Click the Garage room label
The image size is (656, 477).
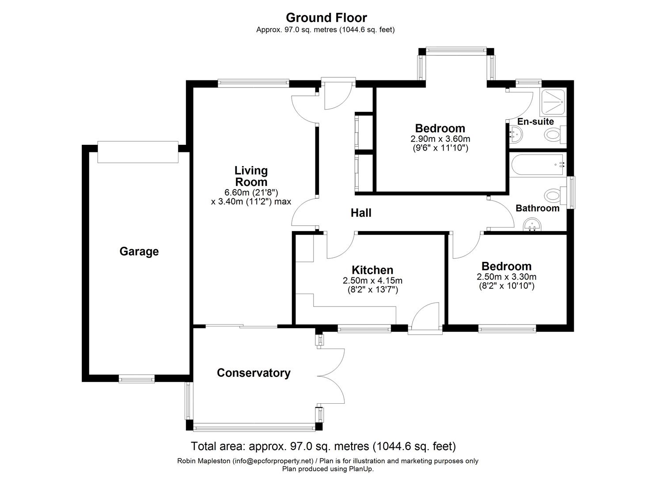139,251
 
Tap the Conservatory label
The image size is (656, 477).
254,373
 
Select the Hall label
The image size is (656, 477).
360,213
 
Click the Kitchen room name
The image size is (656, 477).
372,270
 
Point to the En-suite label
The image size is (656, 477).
535,121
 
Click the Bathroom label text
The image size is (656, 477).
537,208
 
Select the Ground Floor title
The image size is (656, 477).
326,18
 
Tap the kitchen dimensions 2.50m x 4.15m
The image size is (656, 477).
372,280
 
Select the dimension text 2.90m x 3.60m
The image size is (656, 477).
440,139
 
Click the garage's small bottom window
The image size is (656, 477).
137,379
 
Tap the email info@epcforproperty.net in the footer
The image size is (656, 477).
273,461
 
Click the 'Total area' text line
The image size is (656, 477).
323,446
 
